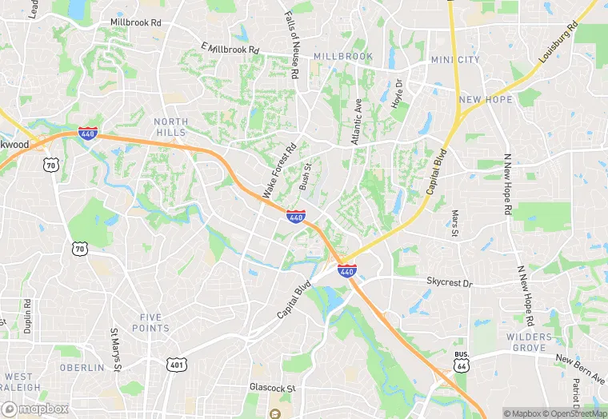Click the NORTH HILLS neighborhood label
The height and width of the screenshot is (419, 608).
pyautogui.click(x=170, y=127)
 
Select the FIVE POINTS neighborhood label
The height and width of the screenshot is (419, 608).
pyautogui.click(x=150, y=322)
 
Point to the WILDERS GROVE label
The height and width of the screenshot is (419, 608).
pyautogui.click(x=529, y=342)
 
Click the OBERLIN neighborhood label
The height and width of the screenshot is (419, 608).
pyautogui.click(x=82, y=368)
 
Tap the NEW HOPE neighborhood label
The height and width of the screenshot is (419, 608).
pyautogui.click(x=485, y=99)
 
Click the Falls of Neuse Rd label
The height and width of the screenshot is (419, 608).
pyautogui.click(x=293, y=46)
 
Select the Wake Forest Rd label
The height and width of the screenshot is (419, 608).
pyautogui.click(x=279, y=170)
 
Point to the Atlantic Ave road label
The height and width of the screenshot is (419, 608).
pyautogui.click(x=358, y=122)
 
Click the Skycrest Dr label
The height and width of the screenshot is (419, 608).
pyautogui.click(x=450, y=282)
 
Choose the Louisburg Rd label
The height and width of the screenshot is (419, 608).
pyautogui.click(x=558, y=42)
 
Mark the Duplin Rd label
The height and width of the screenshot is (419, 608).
pyautogui.click(x=27, y=315)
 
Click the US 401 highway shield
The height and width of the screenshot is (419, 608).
pyautogui.click(x=176, y=365)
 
